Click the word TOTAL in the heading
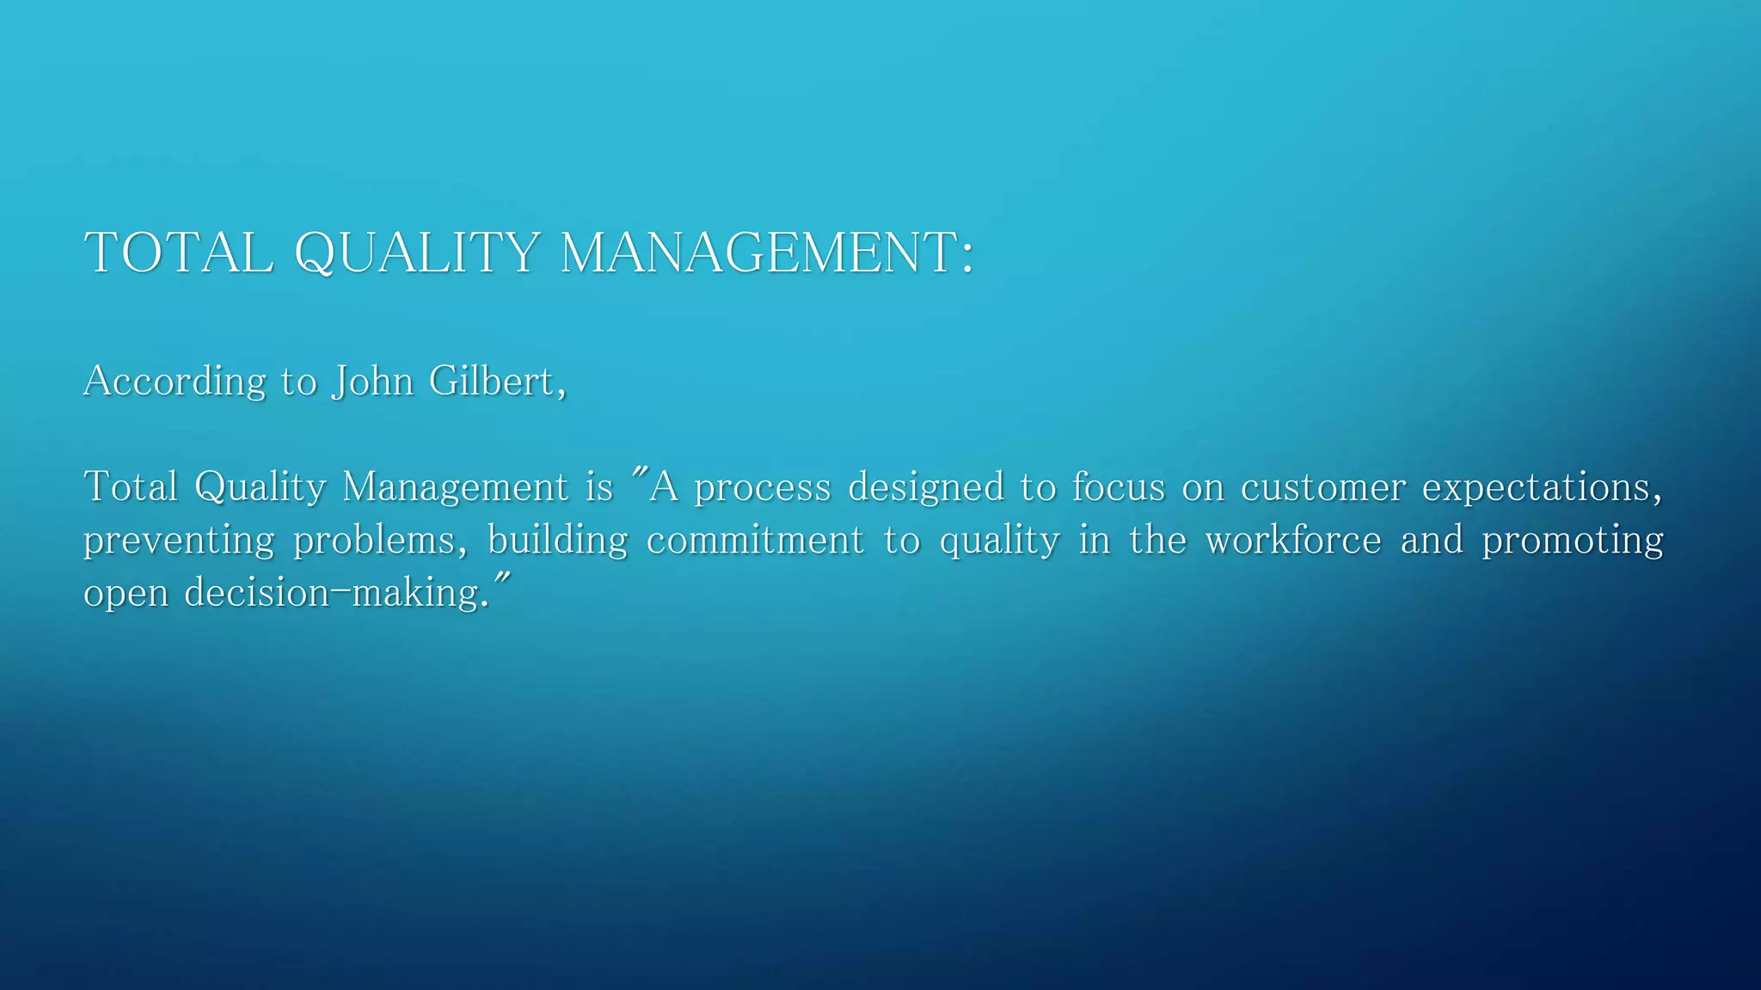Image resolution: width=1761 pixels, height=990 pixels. tap(179, 253)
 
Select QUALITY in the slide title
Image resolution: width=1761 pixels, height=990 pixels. tap(417, 253)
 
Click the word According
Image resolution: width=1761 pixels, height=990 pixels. tap(175, 381)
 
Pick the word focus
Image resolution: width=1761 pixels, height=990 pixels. tap(1117, 486)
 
